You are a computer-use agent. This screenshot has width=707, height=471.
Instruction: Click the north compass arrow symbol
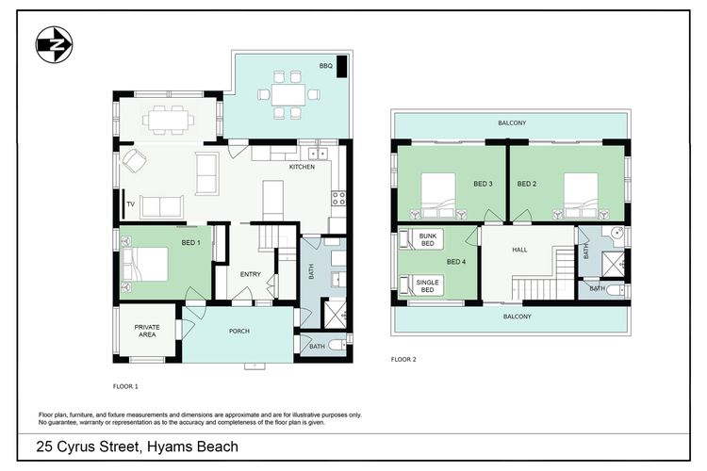tap(54, 43)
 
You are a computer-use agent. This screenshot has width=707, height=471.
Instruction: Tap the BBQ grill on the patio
tap(343, 67)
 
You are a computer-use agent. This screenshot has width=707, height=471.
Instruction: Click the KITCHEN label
tap(302, 167)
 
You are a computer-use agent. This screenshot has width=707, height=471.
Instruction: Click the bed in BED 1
tap(145, 263)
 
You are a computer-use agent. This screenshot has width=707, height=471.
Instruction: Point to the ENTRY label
tap(250, 274)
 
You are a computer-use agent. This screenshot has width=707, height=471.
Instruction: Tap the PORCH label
tap(239, 332)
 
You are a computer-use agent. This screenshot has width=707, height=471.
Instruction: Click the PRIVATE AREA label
tap(145, 331)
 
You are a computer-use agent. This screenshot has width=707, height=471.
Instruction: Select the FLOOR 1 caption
tap(125, 386)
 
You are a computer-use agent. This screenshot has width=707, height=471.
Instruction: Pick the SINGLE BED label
tap(427, 284)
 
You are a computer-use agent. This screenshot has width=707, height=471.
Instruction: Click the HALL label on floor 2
tap(520, 251)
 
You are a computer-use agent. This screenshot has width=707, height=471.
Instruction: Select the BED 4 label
tap(456, 262)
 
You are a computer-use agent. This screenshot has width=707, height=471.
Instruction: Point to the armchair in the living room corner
tap(132, 162)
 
